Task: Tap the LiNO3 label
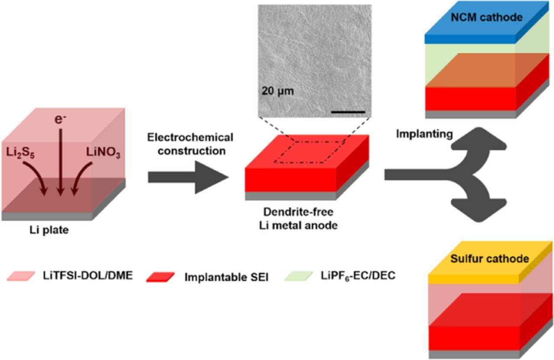click(104, 154)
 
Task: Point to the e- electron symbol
click(60, 119)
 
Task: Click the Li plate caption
click(46, 230)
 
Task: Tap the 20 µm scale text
click(277, 92)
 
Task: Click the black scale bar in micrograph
click(348, 112)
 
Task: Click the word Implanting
click(425, 134)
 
